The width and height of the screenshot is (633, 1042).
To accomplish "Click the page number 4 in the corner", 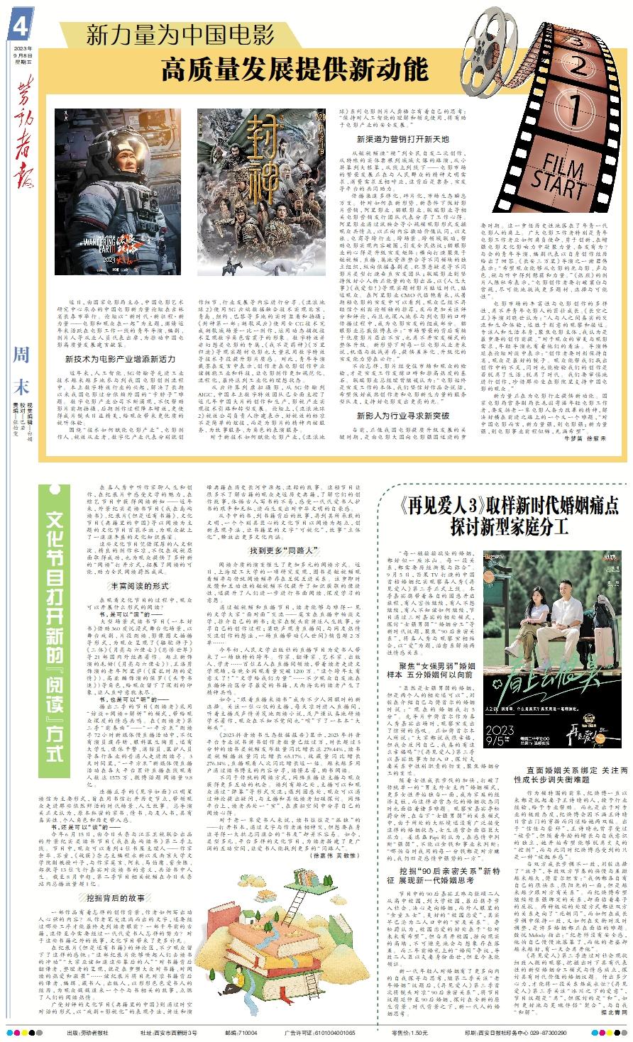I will pos(20,28).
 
